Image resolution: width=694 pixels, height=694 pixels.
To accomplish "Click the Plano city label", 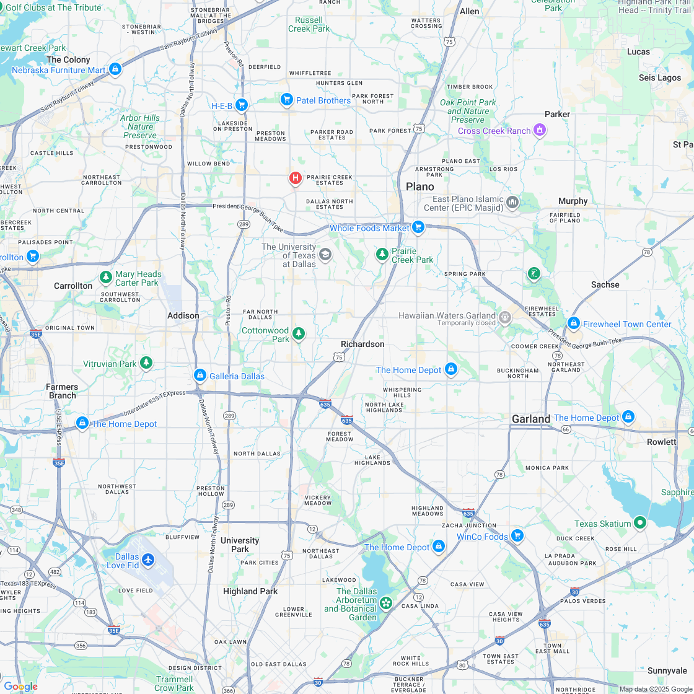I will point(420,187).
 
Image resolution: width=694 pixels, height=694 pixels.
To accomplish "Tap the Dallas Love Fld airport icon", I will point(147,560).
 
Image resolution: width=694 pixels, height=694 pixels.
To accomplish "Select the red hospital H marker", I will point(296,178).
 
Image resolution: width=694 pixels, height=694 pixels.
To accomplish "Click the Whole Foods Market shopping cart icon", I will point(418,227).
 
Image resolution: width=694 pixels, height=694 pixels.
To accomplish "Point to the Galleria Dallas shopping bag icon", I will point(200,376).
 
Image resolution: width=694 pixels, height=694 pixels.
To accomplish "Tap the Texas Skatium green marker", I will point(640,523).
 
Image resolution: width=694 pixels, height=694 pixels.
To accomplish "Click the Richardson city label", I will point(362,344).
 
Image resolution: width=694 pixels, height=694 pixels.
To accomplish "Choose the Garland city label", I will point(531,419).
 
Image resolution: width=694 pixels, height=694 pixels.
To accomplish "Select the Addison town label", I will point(183,315).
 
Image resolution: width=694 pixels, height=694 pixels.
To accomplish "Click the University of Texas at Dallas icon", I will point(325,254).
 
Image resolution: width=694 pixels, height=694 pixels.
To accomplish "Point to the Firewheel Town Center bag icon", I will point(574,323).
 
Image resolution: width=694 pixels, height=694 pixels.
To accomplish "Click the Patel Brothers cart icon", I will point(286,99).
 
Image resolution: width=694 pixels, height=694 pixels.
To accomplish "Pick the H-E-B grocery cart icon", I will point(242,105).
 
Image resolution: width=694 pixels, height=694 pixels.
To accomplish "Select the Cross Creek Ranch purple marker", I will point(540,130).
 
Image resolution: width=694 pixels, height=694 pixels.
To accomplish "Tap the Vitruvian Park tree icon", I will point(146,362).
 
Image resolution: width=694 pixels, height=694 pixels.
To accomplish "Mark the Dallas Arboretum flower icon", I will point(387,602).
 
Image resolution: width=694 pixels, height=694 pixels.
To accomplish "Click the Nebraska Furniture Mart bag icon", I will point(115,69).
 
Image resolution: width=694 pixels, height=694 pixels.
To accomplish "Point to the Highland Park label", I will point(250,591).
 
